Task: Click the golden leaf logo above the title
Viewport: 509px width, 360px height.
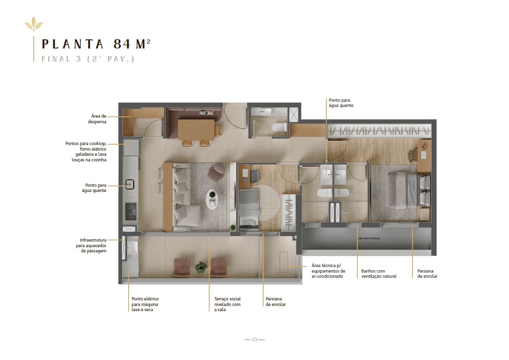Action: (34, 24)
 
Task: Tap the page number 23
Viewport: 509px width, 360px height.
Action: (254, 339)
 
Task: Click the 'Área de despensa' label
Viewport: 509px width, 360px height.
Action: (97, 119)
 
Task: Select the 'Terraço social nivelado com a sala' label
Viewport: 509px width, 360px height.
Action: (227, 304)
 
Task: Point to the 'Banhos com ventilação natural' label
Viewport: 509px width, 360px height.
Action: (379, 274)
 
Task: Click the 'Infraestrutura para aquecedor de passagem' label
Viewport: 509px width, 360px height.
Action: (91, 246)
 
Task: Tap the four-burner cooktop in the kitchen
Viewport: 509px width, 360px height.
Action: (131, 211)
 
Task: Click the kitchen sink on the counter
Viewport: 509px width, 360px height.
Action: (130, 184)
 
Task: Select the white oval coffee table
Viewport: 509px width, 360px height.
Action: (212, 199)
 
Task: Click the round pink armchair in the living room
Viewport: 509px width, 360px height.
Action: (216, 173)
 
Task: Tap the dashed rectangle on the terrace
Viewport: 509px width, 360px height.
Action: (283, 262)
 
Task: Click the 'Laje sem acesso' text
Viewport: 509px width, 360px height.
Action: (368, 238)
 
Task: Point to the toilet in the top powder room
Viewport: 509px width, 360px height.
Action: (280, 127)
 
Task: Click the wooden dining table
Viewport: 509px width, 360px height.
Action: (196, 130)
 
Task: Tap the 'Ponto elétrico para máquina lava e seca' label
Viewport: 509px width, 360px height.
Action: (145, 304)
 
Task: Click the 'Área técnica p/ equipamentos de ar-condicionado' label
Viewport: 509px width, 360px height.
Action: (328, 271)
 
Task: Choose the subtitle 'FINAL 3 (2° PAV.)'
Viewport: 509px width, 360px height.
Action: (88, 59)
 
